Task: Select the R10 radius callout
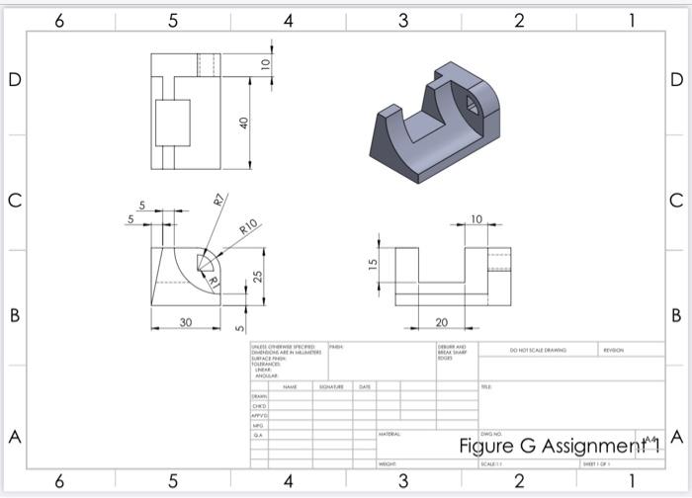(x=248, y=226)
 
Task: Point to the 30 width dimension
(x=185, y=322)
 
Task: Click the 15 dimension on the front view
(x=373, y=265)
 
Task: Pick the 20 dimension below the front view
(x=441, y=322)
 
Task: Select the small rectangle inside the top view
(x=174, y=124)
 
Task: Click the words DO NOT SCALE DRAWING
(x=537, y=349)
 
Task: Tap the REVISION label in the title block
(x=613, y=349)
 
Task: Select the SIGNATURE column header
(x=330, y=386)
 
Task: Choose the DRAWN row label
(x=259, y=396)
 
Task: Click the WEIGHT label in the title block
(x=388, y=463)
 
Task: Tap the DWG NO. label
(x=490, y=434)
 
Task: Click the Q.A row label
(x=258, y=434)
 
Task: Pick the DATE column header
(x=365, y=386)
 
